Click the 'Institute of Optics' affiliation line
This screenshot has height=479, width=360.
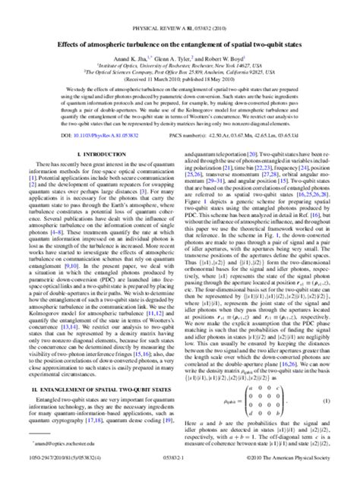point(180,46)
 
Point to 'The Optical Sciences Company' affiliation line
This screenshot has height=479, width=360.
point(180,52)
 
